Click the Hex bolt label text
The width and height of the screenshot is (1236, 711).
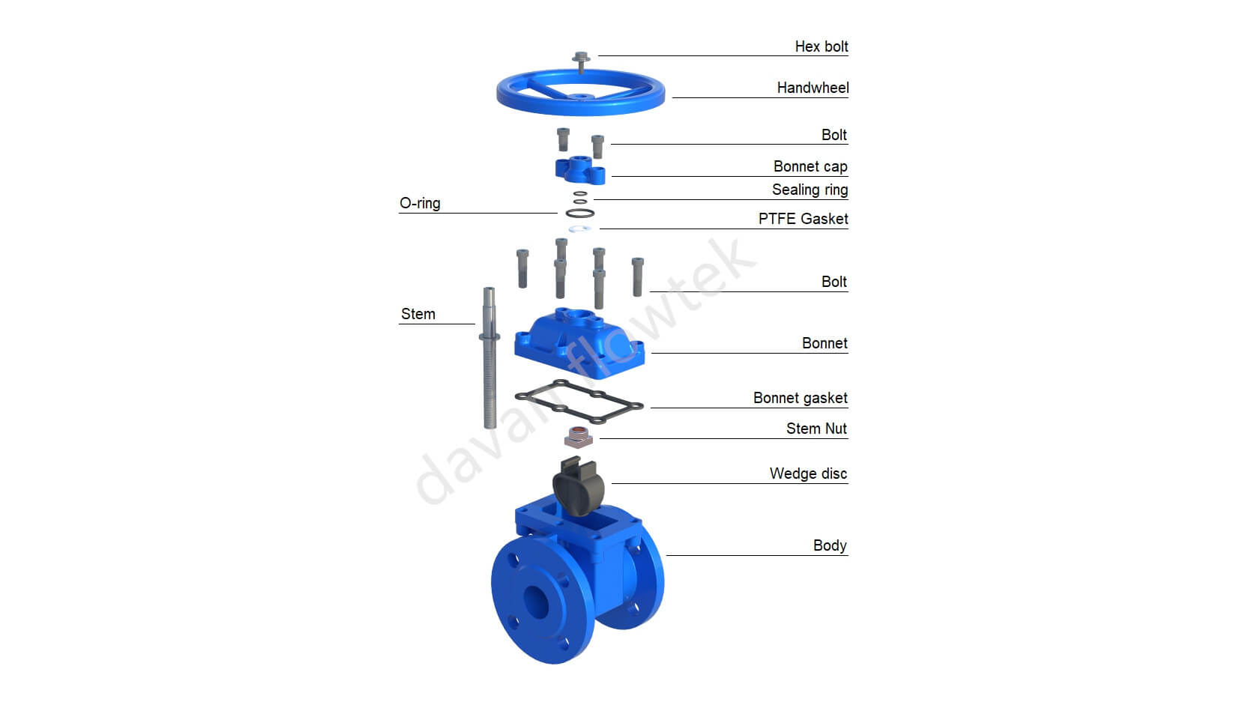click(x=821, y=46)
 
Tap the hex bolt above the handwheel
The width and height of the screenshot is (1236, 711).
click(x=581, y=58)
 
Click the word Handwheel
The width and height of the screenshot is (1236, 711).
click(x=813, y=88)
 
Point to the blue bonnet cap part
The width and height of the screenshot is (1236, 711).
click(x=579, y=170)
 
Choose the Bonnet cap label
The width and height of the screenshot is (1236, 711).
click(x=810, y=166)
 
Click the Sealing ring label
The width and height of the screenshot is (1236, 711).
click(x=810, y=190)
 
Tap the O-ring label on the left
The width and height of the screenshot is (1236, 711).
click(x=420, y=203)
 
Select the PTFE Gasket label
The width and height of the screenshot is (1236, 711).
click(x=803, y=219)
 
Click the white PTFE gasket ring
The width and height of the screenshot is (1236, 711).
click(x=580, y=229)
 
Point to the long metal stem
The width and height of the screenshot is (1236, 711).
click(x=489, y=360)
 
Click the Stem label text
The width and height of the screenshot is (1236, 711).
click(x=417, y=314)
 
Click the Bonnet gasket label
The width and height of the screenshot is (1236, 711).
click(x=800, y=398)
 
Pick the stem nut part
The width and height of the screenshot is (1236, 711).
click(x=578, y=436)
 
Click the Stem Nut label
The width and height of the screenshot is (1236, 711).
click(x=816, y=429)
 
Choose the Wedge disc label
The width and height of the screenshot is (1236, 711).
click(x=808, y=474)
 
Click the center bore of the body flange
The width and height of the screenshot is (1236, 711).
click(x=535, y=601)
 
